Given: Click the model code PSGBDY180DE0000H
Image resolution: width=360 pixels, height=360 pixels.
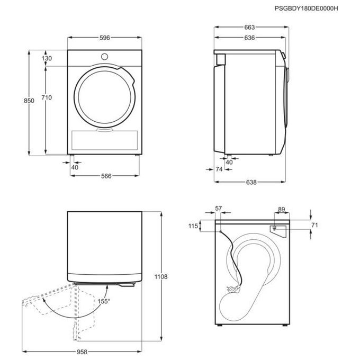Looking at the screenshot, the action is pyautogui.click(x=307, y=8).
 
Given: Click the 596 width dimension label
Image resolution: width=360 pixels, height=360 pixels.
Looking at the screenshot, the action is pyautogui.click(x=105, y=38).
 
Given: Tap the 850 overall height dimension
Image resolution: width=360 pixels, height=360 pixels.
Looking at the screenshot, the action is pyautogui.click(x=29, y=101).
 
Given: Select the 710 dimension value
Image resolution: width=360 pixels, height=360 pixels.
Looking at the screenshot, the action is pyautogui.click(x=47, y=97).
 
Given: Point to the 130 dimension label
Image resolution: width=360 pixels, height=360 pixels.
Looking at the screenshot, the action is pyautogui.click(x=47, y=58).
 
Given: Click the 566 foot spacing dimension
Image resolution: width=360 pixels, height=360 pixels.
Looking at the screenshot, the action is pyautogui.click(x=106, y=176).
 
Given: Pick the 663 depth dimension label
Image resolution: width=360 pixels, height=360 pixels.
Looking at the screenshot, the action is pyautogui.click(x=249, y=28).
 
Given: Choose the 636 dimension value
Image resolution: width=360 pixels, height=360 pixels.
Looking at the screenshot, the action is pyautogui.click(x=249, y=38).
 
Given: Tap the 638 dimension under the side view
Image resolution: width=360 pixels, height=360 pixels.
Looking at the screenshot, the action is pyautogui.click(x=251, y=182).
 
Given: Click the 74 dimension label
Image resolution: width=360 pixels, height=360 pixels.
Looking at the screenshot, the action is pyautogui.click(x=219, y=169).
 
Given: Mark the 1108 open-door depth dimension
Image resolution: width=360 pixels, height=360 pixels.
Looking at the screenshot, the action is pyautogui.click(x=161, y=277).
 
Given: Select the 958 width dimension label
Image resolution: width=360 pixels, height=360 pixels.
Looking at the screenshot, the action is pyautogui.click(x=82, y=352).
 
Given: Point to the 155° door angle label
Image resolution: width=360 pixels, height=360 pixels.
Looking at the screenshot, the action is pyautogui.click(x=104, y=301).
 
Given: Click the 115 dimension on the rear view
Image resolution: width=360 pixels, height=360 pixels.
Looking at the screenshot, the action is pyautogui.click(x=193, y=226).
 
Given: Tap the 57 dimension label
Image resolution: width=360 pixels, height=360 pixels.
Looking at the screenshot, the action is pyautogui.click(x=219, y=208).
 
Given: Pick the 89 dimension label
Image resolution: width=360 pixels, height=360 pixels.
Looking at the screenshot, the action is pyautogui.click(x=282, y=210).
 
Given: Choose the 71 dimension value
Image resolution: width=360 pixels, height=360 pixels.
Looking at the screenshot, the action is pyautogui.click(x=314, y=225).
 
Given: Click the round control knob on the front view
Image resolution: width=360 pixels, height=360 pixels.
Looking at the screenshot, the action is pyautogui.click(x=104, y=57).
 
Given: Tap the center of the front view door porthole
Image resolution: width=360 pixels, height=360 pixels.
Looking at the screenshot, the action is pyautogui.click(x=105, y=97).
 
